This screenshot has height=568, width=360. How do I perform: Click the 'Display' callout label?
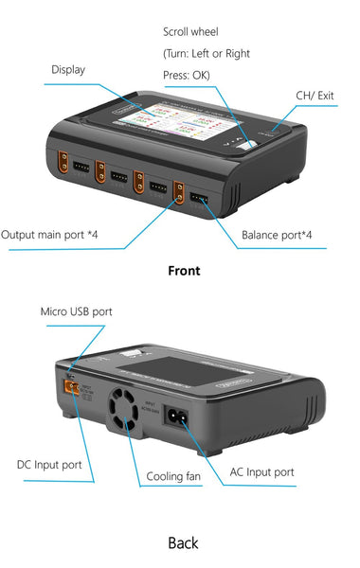[68, 69]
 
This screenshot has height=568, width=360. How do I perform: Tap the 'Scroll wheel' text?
[190, 32]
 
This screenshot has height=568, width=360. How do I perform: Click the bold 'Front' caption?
[184, 271]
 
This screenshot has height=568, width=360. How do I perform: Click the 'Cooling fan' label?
[172, 476]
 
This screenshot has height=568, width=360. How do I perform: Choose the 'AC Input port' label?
[262, 471]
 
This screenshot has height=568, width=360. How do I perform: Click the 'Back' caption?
[183, 542]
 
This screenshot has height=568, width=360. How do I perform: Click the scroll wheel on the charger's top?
[247, 145]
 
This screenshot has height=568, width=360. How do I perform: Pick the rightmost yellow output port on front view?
[179, 193]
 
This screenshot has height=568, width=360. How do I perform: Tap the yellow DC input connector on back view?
[69, 385]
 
